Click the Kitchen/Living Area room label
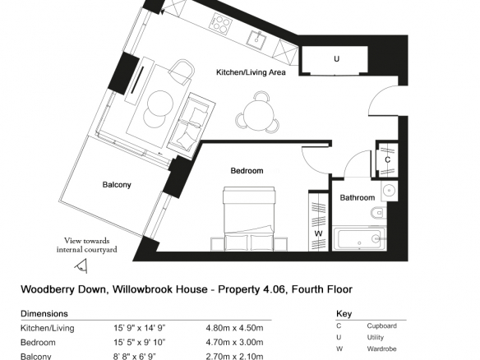click(x=251, y=72)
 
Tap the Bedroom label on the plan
click(x=247, y=170)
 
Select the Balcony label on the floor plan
click(x=117, y=185)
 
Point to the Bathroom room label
click(x=358, y=197)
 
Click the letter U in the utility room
click(x=336, y=59)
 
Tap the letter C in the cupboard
click(x=388, y=159)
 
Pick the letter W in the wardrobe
click(x=318, y=233)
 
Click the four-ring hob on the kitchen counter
click(x=220, y=23)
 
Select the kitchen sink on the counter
click(x=256, y=39)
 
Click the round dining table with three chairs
click(x=257, y=113)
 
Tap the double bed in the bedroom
click(x=248, y=219)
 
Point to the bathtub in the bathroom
click(x=359, y=238)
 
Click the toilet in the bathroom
click(x=378, y=212)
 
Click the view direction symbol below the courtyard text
click(x=81, y=265)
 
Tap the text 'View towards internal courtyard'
click(x=86, y=245)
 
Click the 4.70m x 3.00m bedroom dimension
click(x=234, y=342)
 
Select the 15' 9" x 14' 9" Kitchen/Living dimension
click(x=140, y=328)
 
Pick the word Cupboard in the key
click(x=381, y=326)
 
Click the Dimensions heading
click(x=44, y=314)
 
